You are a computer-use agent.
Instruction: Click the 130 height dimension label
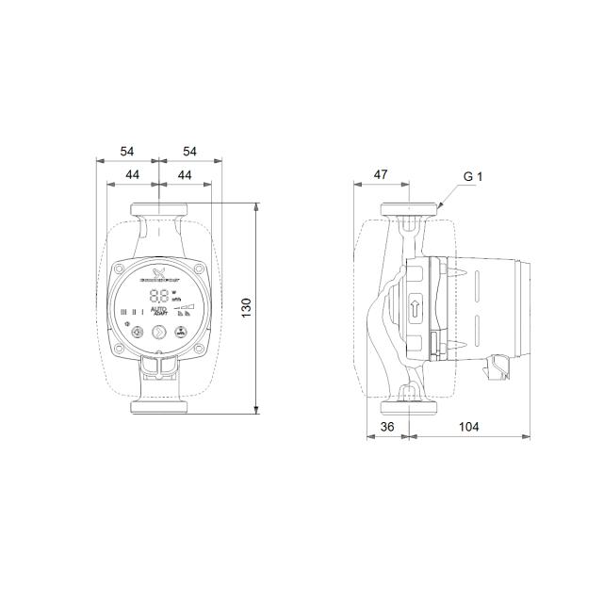pyautogui.click(x=247, y=307)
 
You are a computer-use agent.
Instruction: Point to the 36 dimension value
pyautogui.click(x=386, y=427)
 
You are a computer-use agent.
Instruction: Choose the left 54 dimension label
pyautogui.click(x=128, y=151)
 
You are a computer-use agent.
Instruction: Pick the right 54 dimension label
pyautogui.click(x=190, y=151)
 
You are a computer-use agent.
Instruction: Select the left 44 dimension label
pyautogui.click(x=133, y=175)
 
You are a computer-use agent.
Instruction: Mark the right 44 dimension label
pyautogui.click(x=185, y=175)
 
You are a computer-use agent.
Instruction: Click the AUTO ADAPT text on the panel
pyautogui.click(x=160, y=311)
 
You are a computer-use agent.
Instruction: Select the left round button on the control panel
pyautogui.click(x=139, y=332)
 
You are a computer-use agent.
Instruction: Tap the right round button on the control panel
pyautogui.click(x=179, y=332)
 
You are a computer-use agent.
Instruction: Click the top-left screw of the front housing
pyautogui.click(x=122, y=268)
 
